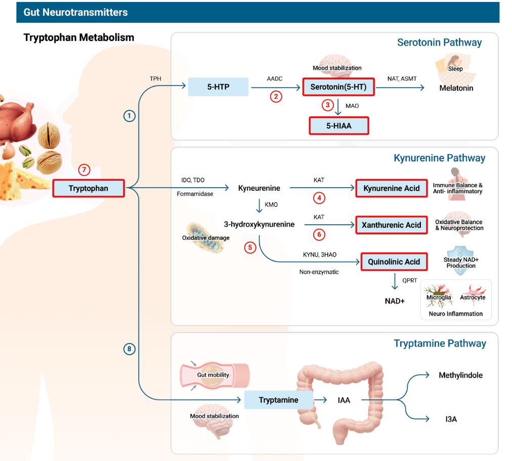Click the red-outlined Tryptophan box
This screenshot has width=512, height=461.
[89, 189]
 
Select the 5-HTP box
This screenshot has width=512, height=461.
[218, 87]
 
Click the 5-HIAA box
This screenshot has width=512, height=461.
[338, 125]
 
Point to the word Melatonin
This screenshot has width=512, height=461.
[456, 88]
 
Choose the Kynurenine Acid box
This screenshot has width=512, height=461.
[391, 188]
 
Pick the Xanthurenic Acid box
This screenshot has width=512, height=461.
[391, 225]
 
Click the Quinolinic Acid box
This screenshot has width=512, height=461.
[394, 262]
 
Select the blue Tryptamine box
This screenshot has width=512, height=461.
[278, 400]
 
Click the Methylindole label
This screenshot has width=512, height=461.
[460, 375]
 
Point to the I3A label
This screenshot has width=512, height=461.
[451, 419]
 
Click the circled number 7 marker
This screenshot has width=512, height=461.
[85, 170]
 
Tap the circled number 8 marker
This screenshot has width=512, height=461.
[130, 349]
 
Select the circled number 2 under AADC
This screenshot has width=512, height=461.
[276, 97]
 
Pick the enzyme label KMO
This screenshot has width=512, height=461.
[271, 204]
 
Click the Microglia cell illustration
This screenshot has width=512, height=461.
[438, 293]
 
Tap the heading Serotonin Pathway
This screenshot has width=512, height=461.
[439, 43]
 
